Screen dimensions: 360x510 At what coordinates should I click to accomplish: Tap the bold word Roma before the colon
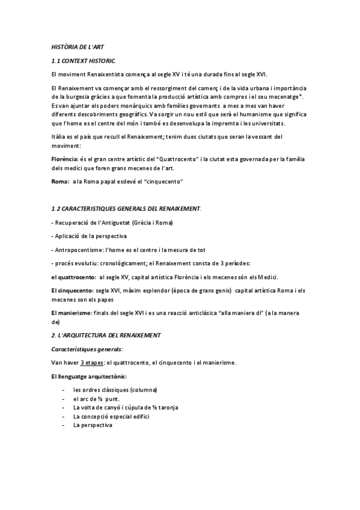[59, 181]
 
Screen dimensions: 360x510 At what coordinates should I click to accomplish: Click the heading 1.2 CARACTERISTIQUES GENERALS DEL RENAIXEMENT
[126, 208]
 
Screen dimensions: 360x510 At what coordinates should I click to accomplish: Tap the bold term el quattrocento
[73, 277]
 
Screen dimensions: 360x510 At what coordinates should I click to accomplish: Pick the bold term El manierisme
[72, 313]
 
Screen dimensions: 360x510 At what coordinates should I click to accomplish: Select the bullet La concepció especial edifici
[111, 416]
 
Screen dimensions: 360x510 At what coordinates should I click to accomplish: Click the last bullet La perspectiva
[93, 425]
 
